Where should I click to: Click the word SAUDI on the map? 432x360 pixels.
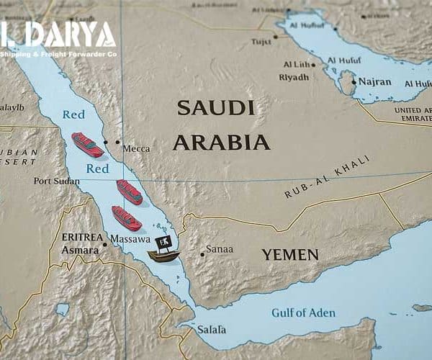tap(215, 108)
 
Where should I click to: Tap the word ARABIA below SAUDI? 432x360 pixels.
tap(221, 142)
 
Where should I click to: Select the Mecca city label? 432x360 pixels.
tap(136, 148)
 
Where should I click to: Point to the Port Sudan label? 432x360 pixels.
tap(57, 181)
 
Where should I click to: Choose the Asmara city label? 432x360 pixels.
tap(80, 250)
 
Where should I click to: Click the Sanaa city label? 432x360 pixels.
tap(220, 249)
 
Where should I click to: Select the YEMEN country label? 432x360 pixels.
tap(289, 254)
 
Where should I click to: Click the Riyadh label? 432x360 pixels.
tap(293, 77)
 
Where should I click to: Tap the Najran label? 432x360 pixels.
tap(374, 82)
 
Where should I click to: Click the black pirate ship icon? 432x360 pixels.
tap(163, 249)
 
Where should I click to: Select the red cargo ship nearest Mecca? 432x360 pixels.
tap(87, 145)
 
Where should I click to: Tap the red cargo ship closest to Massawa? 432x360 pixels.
tap(127, 217)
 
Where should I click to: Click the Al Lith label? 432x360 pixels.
tap(297, 64)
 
